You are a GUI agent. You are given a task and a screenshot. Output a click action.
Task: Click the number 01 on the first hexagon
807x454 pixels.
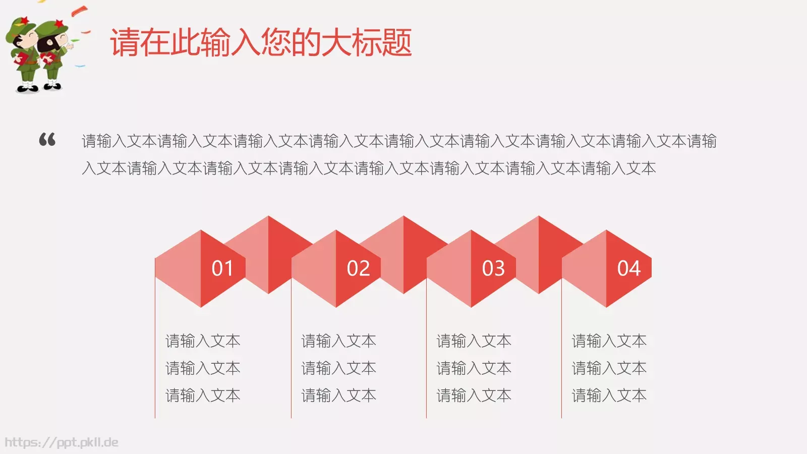click(222, 268)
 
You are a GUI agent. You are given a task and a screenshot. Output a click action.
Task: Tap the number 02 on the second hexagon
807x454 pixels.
click(358, 268)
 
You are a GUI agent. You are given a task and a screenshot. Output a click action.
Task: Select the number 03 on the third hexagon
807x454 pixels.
click(493, 268)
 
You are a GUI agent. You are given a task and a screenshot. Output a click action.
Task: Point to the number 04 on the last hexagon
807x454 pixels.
click(628, 268)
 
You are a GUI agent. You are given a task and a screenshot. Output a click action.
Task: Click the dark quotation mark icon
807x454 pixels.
click(47, 139)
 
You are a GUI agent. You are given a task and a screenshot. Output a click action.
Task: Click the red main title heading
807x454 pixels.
click(261, 42)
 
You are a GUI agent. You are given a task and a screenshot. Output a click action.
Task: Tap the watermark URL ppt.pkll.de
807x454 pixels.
click(62, 442)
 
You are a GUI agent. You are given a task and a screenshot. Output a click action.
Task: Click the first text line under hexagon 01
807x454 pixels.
click(203, 341)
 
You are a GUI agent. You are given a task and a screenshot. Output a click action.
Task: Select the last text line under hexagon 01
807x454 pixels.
click(203, 395)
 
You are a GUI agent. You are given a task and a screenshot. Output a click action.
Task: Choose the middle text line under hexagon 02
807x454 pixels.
click(338, 368)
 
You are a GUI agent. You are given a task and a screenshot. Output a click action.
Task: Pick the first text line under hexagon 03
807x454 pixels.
click(474, 341)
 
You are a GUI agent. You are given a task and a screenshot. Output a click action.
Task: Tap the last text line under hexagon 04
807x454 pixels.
click(609, 395)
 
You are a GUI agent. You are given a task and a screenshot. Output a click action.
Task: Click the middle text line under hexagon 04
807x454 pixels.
click(609, 368)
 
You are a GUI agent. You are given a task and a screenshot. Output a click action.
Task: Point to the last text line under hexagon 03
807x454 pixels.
click(474, 395)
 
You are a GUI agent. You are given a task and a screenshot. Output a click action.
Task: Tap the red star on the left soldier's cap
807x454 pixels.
click(23, 21)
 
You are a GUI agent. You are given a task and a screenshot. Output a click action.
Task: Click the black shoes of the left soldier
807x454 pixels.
click(26, 88)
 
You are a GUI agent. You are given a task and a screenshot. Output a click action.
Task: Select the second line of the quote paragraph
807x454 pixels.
click(369, 168)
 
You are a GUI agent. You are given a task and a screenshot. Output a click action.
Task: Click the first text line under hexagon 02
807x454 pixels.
click(338, 341)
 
